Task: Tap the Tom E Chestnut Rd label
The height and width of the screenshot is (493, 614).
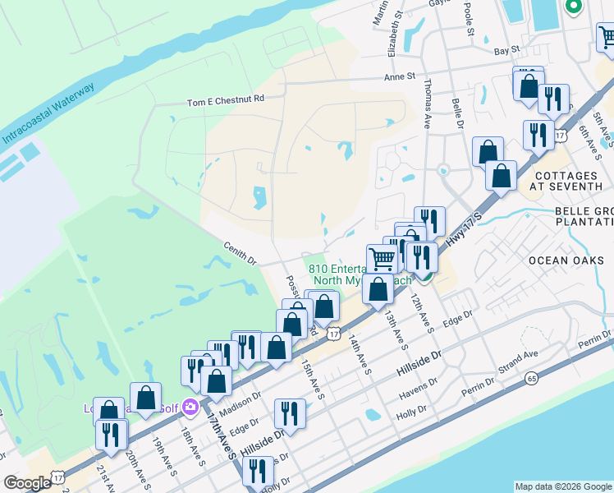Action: tap(226, 99)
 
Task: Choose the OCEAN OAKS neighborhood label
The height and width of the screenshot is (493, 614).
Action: tap(566, 260)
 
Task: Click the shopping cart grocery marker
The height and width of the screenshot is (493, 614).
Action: tap(382, 259)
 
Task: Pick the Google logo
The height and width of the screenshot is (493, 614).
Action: tap(27, 483)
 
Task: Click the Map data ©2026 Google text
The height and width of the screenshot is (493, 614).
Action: tap(562, 486)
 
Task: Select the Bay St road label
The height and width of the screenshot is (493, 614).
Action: tap(507, 50)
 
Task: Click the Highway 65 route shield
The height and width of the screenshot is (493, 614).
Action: tap(532, 378)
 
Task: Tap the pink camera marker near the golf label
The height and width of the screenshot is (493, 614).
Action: tap(190, 406)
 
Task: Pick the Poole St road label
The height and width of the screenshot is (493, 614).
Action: tap(470, 21)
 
